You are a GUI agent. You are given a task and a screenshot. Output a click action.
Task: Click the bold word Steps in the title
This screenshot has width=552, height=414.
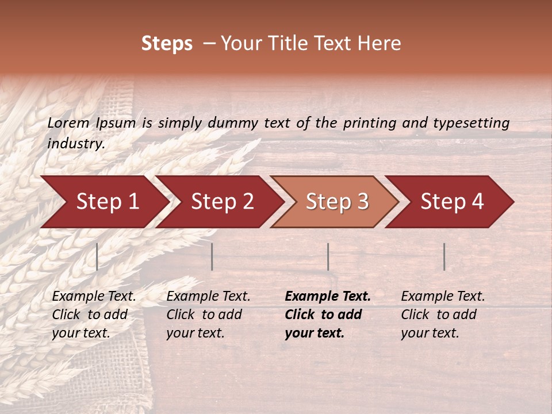coord(167,44)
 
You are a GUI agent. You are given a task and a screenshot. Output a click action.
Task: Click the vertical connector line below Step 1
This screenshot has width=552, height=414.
coord(97,256)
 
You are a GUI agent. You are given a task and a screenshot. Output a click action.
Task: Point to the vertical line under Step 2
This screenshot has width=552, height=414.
coord(212,256)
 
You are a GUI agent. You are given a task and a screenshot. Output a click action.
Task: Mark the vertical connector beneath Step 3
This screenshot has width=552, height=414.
coord(328,256)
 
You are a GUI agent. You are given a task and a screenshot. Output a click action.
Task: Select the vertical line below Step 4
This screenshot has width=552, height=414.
coord(444,256)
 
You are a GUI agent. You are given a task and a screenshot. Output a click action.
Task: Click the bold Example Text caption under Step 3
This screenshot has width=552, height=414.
coord(328,315)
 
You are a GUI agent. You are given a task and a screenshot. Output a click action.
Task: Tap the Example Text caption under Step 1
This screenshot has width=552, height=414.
coord(94,315)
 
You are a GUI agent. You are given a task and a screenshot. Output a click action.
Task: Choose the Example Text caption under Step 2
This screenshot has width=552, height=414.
coord(208,315)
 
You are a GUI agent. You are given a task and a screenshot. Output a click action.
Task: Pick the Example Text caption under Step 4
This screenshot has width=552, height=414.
coord(443,315)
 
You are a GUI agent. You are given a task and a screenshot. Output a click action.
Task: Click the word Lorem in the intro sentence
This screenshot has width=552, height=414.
coord(68,123)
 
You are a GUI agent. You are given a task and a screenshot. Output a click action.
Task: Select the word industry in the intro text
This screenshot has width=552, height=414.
coord(76,144)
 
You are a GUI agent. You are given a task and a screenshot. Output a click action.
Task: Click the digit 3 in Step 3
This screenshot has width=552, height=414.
coord(363,202)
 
